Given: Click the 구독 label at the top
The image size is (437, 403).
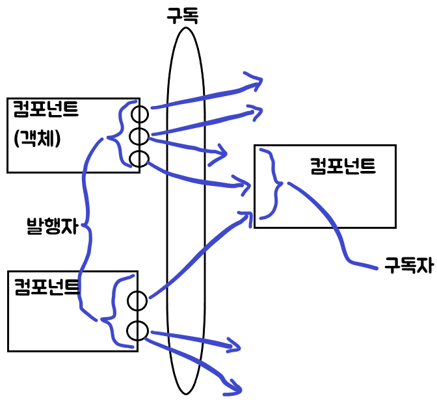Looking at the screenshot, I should point(182,15).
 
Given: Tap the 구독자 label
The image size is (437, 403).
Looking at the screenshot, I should point(408,265).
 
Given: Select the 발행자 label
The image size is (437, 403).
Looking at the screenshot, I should point(51,226).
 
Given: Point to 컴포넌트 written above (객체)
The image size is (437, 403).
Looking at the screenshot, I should point(46,109).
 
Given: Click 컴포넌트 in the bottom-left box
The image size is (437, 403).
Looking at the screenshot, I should point(47,285).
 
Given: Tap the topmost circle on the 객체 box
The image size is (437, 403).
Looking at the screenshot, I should point(139,114).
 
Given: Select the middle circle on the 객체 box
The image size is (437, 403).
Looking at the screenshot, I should point(139,136).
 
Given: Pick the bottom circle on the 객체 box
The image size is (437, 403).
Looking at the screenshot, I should point(139,159).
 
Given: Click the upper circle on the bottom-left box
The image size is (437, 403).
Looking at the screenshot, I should point(137,301).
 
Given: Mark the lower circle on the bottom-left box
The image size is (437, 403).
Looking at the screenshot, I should point(137,330).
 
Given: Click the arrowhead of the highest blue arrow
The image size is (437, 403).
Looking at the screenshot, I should point(255,81).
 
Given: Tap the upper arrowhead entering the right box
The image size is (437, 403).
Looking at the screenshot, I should point(245,185).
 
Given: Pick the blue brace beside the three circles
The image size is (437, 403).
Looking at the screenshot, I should point(117,136).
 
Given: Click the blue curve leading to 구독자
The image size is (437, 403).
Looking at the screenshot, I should point(338,234).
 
